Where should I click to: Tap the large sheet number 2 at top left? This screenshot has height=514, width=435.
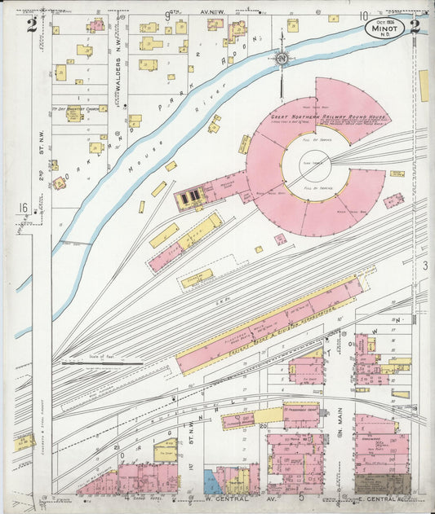click(30, 25)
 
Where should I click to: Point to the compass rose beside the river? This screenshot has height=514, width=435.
click(281, 59)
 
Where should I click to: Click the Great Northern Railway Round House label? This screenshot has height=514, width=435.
click(314, 117)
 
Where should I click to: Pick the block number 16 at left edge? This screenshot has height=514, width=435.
click(22, 209)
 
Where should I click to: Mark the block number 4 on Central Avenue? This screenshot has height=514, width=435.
click(127, 495)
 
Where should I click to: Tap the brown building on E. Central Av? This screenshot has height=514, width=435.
click(382, 484)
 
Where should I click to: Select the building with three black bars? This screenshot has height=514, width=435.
click(190, 197)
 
